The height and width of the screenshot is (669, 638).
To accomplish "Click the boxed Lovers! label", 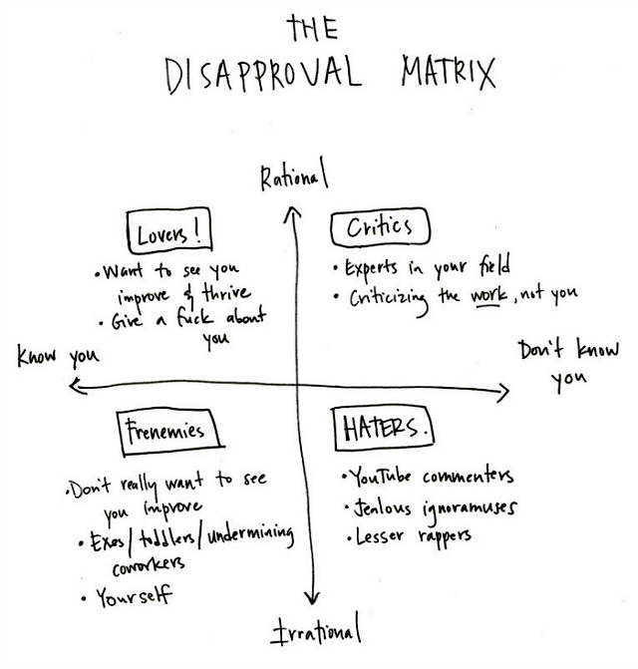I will tap(170, 234).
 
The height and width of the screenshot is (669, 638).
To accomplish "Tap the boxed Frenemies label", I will tap(165, 432).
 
